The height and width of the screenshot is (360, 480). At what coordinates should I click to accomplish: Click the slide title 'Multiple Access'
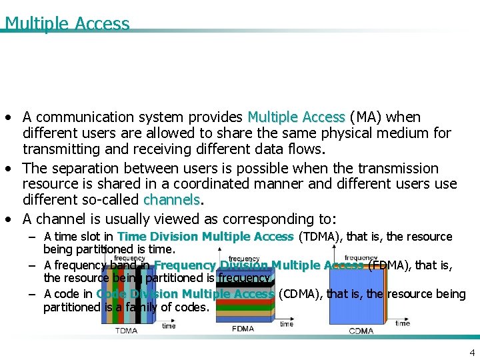pos(67,23)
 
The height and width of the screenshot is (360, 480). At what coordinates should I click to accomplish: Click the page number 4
pos(472,353)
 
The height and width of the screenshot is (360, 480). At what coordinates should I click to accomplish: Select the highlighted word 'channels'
pos(171,200)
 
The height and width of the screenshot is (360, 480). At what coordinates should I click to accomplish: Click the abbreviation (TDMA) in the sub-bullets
pos(319,237)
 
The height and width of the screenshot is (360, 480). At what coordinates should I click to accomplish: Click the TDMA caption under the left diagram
pos(127,331)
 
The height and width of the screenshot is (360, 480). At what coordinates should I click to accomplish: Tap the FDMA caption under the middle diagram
pos(242,329)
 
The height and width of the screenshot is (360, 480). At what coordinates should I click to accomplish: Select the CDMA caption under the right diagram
pos(361,331)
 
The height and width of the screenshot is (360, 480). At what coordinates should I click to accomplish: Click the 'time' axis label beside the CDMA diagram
pos(403,323)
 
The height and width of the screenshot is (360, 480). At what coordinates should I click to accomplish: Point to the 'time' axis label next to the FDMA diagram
pos(287,324)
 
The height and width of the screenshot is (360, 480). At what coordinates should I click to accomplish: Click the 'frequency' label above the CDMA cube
pos(361,257)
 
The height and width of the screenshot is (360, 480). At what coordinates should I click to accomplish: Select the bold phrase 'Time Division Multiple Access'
pos(205,237)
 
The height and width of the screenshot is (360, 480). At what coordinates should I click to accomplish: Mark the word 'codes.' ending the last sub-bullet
pos(193,307)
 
